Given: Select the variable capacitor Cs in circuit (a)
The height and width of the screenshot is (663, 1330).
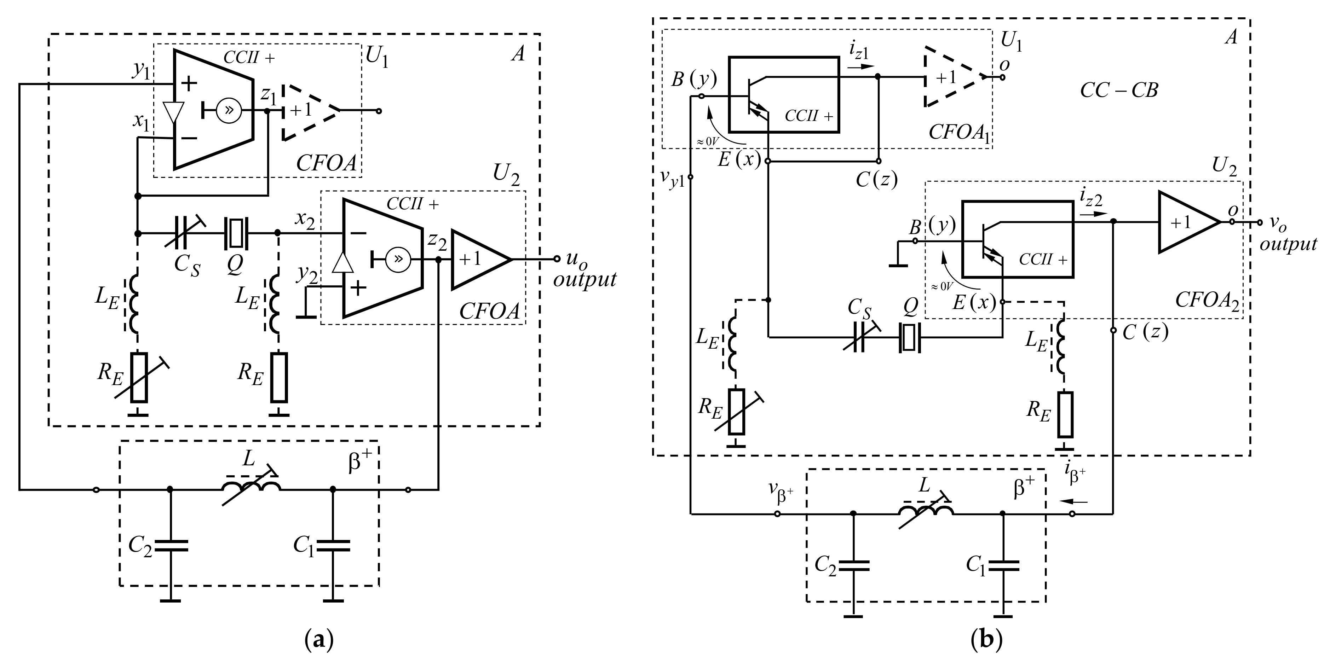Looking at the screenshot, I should tap(182, 233).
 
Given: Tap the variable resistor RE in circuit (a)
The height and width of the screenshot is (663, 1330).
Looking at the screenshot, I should tap(139, 378).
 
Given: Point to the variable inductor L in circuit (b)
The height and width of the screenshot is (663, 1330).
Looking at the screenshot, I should tap(926, 511).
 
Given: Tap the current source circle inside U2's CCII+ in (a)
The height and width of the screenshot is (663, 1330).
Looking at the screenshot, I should tap(398, 259).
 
